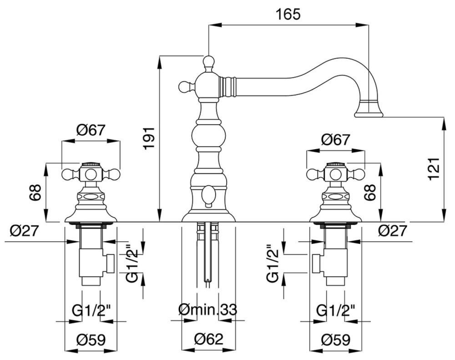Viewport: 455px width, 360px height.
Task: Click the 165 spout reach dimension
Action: coord(288,14)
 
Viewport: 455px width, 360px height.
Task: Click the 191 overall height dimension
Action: coord(150,138)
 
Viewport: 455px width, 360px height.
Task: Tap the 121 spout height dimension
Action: coord(435,169)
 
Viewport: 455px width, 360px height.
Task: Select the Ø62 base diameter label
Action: coord(209,340)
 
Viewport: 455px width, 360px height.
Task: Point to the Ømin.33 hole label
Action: coord(208,310)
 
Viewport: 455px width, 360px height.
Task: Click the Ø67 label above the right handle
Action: coord(335,140)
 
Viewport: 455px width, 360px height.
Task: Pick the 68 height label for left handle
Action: coord(35,192)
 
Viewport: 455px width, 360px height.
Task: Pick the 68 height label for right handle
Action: coord(370,192)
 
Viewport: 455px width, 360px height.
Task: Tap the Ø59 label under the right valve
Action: coord(336,340)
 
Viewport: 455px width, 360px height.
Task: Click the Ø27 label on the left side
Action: coord(24,231)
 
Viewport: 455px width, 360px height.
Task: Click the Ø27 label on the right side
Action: coord(393,231)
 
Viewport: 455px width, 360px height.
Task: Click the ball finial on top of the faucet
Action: coord(208,61)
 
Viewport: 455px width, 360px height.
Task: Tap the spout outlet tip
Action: coord(369,115)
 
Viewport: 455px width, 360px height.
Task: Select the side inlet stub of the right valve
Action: coord(317,264)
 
